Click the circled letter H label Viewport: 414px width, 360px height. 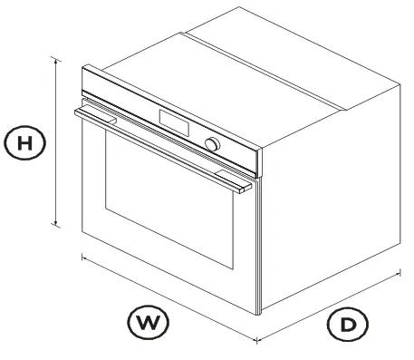pyautogui.click(x=26, y=142)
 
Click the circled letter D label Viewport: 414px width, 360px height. pyautogui.click(x=348, y=324)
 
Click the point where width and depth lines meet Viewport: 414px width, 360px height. pyautogui.click(x=257, y=341)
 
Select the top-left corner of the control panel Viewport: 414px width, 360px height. pyautogui.click(x=82, y=66)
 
